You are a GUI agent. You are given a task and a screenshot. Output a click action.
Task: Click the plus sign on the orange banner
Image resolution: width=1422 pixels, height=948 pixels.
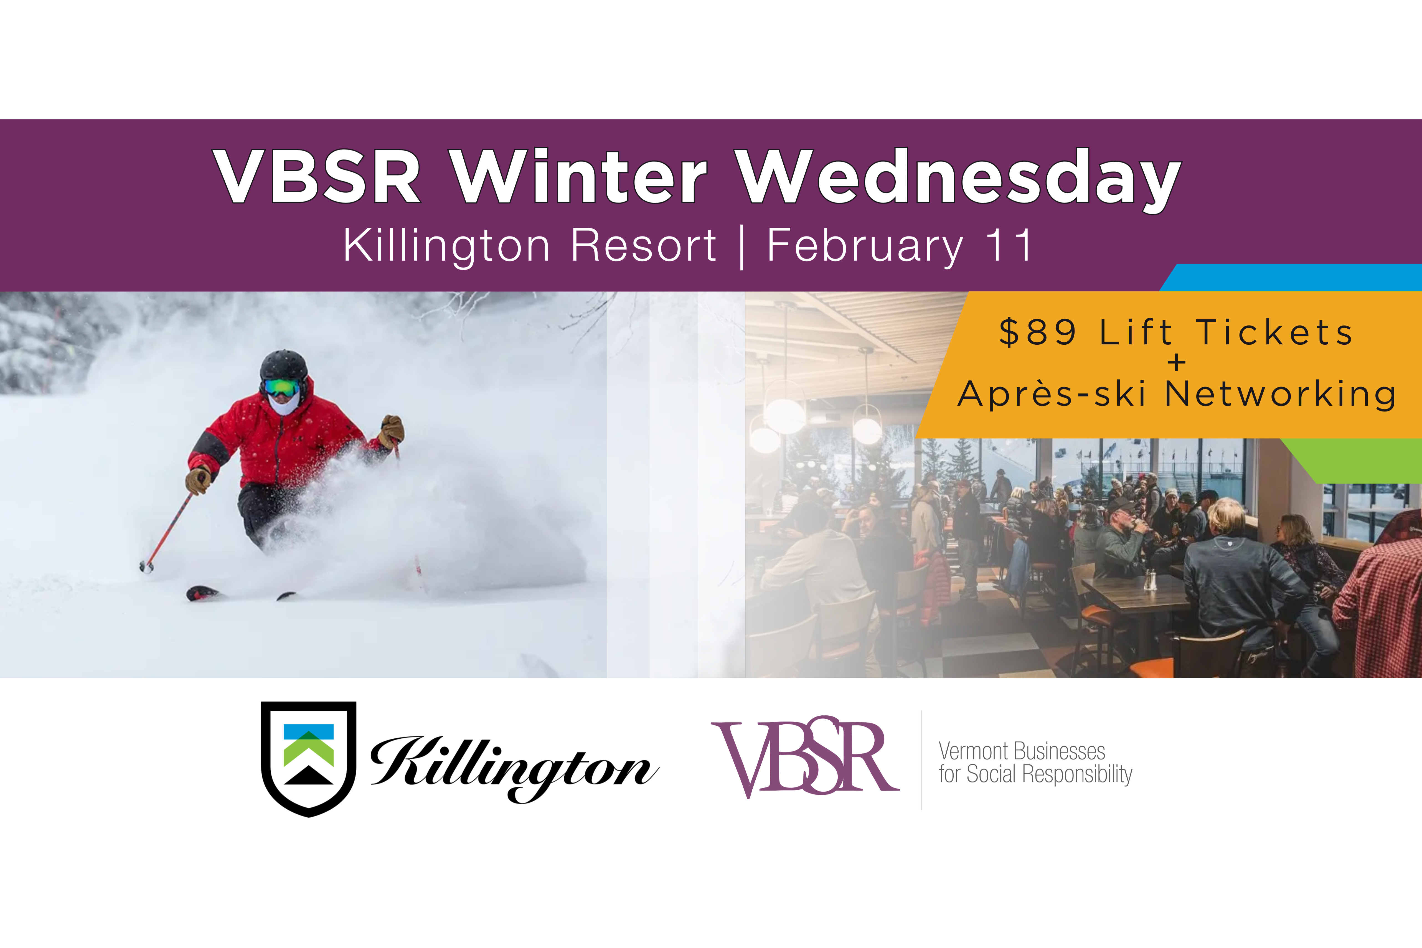(1177, 363)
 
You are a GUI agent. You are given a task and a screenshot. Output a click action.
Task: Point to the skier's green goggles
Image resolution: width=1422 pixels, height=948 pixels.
(282, 388)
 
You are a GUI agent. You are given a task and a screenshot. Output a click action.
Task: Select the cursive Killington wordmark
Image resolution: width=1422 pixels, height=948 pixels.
(514, 767)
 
